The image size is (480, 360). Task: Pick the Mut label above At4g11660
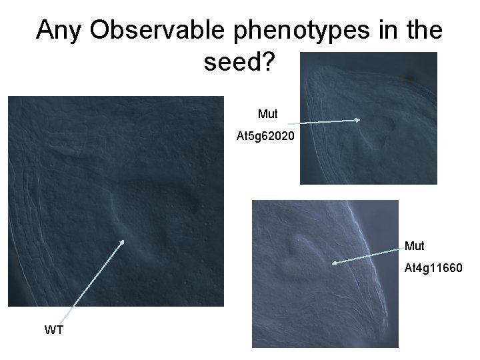[414, 246]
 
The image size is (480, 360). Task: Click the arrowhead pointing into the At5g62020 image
[359, 120]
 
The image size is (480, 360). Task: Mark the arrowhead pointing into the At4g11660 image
[333, 263]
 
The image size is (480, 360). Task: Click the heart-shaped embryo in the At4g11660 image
[301, 249]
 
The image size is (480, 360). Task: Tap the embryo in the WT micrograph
[153, 207]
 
